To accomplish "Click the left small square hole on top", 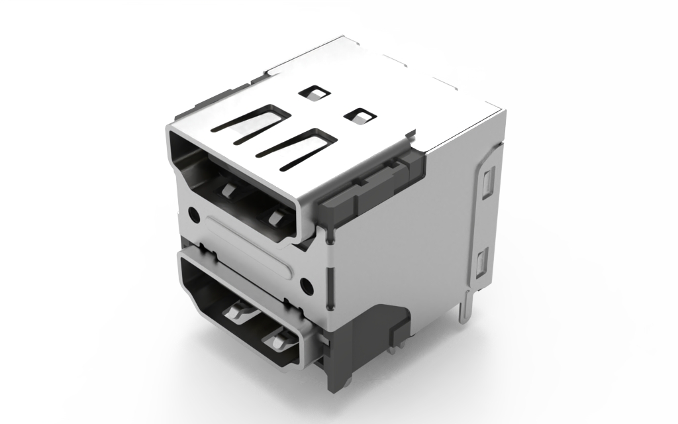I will [313, 93].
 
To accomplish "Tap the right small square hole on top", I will [360, 115].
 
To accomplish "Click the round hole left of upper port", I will [194, 214].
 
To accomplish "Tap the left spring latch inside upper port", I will [228, 191].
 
